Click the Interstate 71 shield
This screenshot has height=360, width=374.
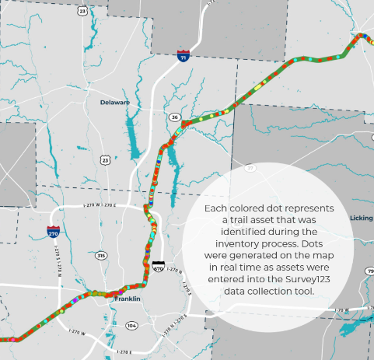click(182, 58)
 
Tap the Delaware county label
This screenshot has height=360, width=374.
click(114, 102)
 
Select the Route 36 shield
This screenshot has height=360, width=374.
click(175, 117)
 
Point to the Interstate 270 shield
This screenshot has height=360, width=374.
click(54, 232)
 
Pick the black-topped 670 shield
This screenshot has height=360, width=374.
click(159, 267)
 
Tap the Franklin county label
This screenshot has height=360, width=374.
click(128, 299)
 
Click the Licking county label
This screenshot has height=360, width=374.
click(362, 218)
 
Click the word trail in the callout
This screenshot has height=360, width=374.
click(235, 221)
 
